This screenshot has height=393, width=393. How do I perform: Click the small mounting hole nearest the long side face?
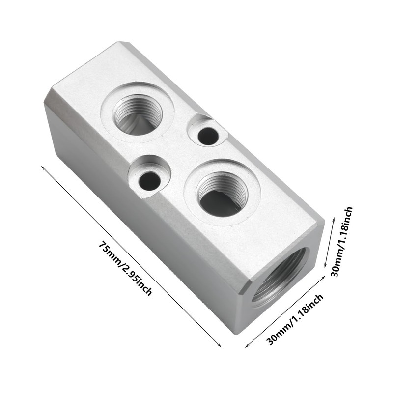click(x=149, y=181)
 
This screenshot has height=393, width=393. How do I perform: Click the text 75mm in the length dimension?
click(x=110, y=253)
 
